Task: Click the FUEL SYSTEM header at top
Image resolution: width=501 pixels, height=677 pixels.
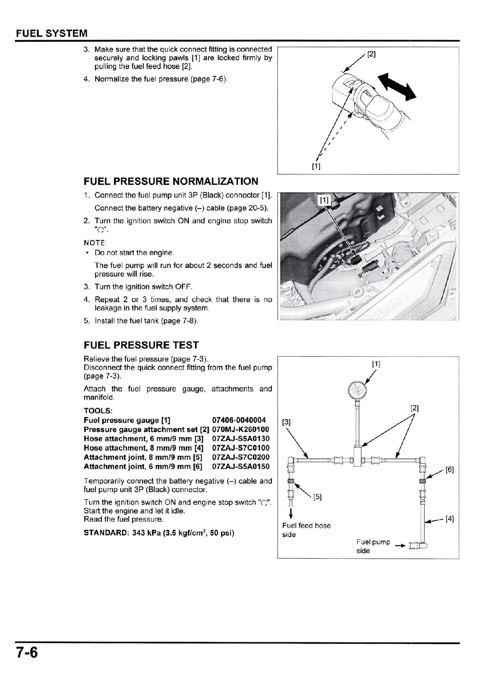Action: click(x=52, y=33)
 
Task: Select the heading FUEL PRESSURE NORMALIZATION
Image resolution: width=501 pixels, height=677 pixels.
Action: click(x=171, y=181)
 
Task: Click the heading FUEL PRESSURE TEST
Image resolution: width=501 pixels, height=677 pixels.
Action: click(x=141, y=345)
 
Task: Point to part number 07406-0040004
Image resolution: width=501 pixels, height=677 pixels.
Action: click(x=239, y=420)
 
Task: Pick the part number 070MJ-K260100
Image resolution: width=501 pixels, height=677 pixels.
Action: click(x=241, y=429)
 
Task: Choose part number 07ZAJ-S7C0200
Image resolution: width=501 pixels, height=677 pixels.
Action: click(x=241, y=457)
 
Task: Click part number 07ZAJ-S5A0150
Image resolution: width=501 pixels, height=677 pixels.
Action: click(x=241, y=467)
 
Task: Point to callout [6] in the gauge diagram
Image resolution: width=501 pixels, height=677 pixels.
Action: click(x=449, y=470)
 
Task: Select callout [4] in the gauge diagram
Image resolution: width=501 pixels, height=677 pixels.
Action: click(x=449, y=519)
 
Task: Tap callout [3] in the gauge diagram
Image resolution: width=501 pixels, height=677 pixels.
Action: click(x=287, y=422)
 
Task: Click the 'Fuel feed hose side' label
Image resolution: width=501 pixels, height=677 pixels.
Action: click(x=306, y=530)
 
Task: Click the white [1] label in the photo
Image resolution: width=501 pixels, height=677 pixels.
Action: click(x=325, y=200)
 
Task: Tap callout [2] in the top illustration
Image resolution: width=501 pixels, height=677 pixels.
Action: click(x=371, y=54)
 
